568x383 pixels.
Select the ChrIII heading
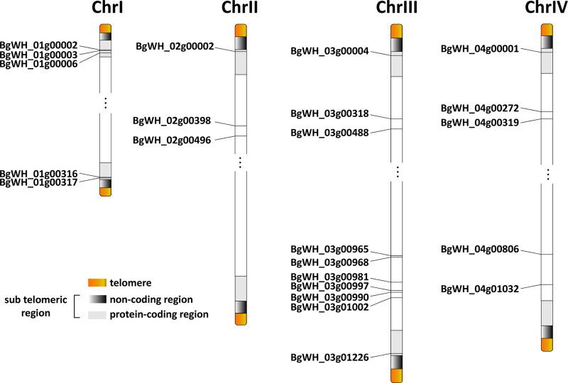click(x=397, y=9)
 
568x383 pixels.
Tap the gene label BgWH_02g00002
click(x=175, y=46)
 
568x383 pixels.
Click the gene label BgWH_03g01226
click(x=329, y=357)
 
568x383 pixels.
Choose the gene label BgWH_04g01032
click(x=480, y=289)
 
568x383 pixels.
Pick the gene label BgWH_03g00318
click(x=329, y=113)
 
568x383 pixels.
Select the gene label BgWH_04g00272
click(x=480, y=108)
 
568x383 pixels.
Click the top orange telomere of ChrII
click(x=240, y=30)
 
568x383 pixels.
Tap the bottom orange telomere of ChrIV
click(x=547, y=345)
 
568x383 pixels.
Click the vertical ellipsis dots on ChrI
click(x=105, y=104)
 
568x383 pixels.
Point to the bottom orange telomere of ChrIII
click(x=397, y=375)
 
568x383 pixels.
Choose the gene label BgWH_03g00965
click(x=329, y=250)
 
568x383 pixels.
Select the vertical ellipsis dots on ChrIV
click(x=547, y=173)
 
